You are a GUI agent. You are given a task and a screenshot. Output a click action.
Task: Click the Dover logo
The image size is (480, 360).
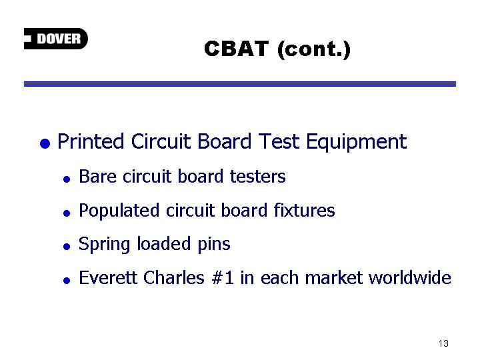pos(56,39)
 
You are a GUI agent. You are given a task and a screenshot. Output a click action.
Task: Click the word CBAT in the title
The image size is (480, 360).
pos(236,49)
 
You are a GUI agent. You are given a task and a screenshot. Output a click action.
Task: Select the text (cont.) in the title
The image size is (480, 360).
pos(314,49)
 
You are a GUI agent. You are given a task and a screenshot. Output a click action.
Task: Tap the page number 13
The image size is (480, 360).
pos(443,343)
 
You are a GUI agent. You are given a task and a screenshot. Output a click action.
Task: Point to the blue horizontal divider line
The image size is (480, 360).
pos(240,84)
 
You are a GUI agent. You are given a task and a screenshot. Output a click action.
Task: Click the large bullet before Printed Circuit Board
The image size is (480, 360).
pos(45,143)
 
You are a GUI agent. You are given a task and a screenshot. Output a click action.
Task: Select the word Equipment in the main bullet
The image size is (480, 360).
pos(356,143)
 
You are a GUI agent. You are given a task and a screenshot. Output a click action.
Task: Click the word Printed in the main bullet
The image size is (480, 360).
pos(90,141)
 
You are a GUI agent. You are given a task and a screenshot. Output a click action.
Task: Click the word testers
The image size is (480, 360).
pos(258,177)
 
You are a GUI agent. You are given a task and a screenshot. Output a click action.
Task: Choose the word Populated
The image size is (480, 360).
pos(119,211)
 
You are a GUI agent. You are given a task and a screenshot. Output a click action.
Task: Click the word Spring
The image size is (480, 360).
pos(104,245)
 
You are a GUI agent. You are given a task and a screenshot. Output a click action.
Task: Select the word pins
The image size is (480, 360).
pos(214,245)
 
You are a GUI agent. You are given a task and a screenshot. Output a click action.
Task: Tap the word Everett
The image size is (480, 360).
pos(108,278)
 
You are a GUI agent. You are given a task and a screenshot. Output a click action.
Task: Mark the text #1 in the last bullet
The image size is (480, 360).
pos(223,278)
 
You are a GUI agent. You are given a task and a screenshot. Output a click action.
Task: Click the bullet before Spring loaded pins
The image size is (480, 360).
pos(67,247)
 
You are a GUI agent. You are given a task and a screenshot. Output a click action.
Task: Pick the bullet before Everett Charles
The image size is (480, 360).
pos(67,280)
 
